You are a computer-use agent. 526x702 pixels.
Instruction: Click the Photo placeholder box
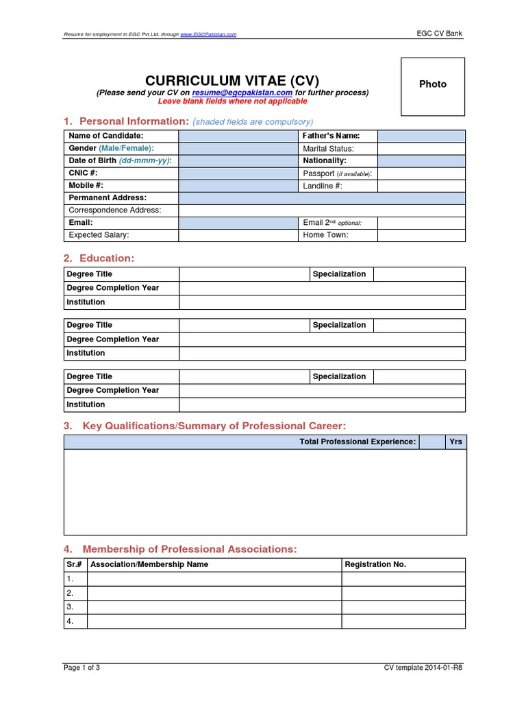(x=432, y=86)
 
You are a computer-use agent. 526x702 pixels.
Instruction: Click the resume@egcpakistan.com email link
(x=242, y=93)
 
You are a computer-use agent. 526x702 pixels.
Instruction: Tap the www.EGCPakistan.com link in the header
(x=208, y=34)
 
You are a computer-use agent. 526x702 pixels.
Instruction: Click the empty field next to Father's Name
(x=421, y=136)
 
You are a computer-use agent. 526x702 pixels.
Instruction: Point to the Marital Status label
(x=328, y=149)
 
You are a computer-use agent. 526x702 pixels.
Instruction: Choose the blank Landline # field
(x=421, y=186)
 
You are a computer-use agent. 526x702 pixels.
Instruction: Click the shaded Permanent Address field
(x=322, y=198)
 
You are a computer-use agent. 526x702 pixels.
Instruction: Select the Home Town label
(x=325, y=235)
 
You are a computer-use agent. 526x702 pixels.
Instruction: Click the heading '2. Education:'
(x=99, y=258)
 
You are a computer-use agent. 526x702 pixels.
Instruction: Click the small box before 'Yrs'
(x=431, y=442)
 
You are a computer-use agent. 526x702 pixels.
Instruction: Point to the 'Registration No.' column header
(x=375, y=565)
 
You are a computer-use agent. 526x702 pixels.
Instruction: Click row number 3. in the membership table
(x=70, y=607)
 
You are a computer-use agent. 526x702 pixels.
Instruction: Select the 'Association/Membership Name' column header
(x=149, y=565)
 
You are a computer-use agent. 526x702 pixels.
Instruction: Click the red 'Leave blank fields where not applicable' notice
(x=232, y=101)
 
